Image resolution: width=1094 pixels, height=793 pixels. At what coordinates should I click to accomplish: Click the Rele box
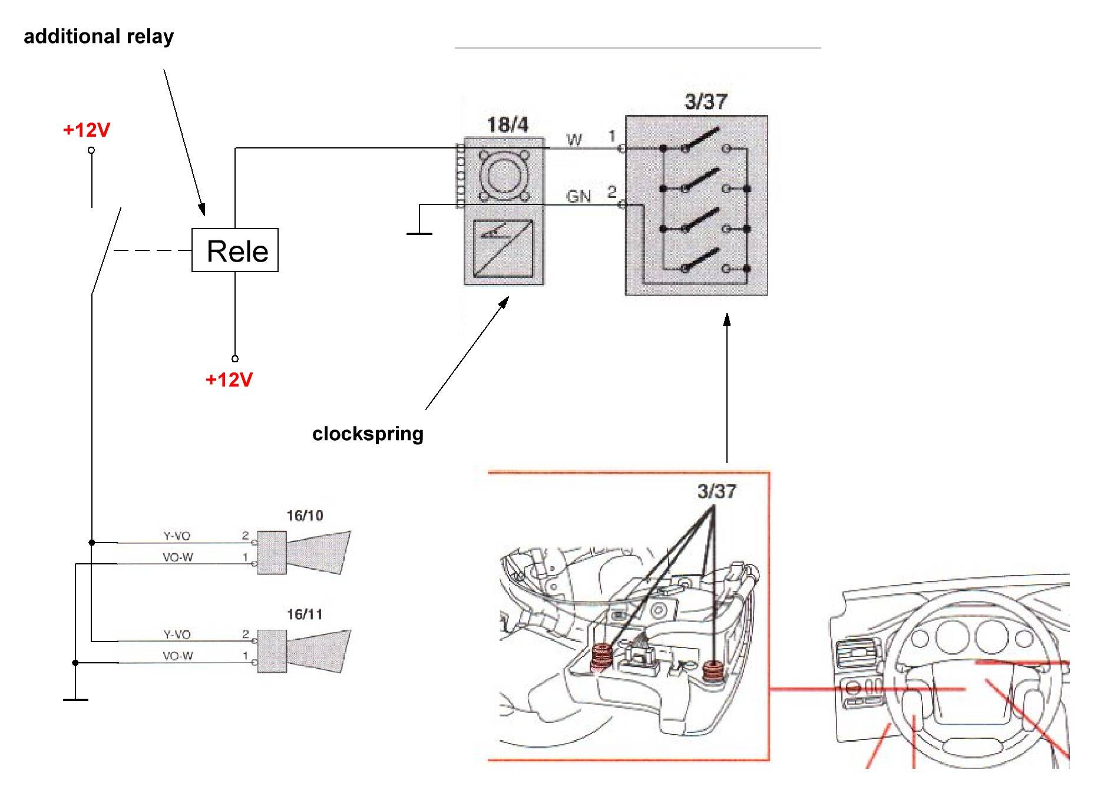tap(234, 250)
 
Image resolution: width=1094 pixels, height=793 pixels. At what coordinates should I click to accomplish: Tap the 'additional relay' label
tap(98, 37)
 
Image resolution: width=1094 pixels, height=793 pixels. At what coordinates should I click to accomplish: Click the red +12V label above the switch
tap(87, 130)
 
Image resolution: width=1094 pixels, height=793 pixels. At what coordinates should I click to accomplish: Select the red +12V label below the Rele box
tap(229, 380)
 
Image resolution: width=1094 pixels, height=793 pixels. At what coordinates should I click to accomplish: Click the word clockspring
tap(368, 434)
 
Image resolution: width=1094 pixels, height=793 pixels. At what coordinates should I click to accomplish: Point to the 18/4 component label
tap(507, 125)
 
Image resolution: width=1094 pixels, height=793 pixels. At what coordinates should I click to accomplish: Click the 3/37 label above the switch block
tap(705, 101)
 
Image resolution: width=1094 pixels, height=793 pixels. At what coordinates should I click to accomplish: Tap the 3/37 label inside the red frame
tap(716, 491)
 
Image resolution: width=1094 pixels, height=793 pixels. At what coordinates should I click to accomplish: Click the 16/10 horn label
tap(305, 516)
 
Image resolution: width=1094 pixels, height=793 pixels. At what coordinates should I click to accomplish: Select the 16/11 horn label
tap(305, 614)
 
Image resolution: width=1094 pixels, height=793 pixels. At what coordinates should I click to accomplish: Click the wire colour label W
tap(574, 140)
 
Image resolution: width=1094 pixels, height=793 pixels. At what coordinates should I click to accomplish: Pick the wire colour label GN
tap(579, 196)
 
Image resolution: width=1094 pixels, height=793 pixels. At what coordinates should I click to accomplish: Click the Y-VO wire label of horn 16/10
tap(177, 536)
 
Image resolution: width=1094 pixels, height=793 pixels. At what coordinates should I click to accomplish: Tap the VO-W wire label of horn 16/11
tap(177, 656)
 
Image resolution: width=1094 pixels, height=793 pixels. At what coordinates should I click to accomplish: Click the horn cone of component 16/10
tap(318, 552)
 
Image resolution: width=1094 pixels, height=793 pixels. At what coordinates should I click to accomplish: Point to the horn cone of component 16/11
tap(318, 651)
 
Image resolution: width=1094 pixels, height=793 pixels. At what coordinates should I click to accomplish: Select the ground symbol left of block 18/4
tap(419, 233)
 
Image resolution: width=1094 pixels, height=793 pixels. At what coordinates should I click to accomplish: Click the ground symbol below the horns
tap(75, 699)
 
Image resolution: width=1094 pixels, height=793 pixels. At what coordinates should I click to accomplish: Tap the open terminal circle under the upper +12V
tap(91, 150)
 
